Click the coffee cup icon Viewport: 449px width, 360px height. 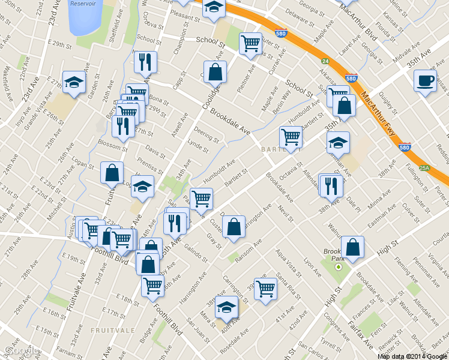point(425,80)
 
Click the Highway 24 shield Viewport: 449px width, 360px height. point(325,61)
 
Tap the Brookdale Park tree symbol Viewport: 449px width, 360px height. point(339,266)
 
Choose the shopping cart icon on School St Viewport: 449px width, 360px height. point(250,43)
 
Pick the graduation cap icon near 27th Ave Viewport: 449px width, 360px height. point(74,82)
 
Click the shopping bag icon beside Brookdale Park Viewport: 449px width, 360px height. point(352,247)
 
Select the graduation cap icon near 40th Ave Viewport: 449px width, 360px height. point(226,307)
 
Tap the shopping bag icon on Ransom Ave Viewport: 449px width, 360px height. point(234,227)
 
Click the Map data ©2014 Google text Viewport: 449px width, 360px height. point(412,356)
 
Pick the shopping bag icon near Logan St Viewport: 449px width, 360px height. point(112,172)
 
